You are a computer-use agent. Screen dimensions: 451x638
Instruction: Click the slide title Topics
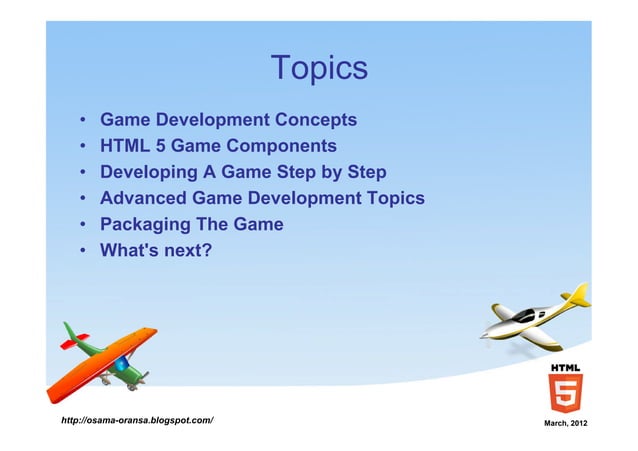tap(319, 68)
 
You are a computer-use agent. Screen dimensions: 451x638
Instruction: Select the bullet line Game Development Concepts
tap(228, 120)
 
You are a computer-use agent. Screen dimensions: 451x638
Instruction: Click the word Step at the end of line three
tap(364, 172)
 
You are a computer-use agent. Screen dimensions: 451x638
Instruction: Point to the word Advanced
tap(145, 198)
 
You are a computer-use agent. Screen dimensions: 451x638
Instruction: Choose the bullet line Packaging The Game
tap(191, 224)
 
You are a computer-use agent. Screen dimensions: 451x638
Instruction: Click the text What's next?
tap(155, 250)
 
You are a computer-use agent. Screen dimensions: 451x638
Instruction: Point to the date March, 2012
tap(564, 426)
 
